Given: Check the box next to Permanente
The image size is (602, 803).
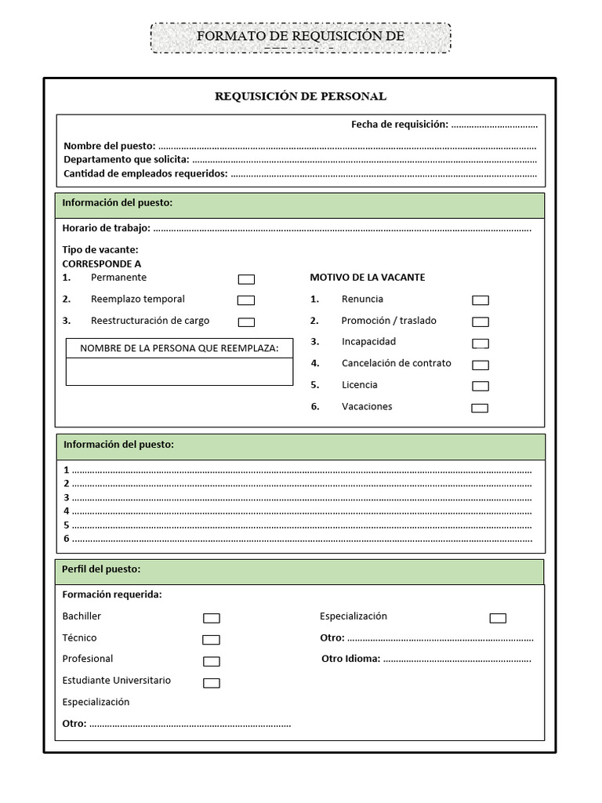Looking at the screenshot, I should coord(246,279).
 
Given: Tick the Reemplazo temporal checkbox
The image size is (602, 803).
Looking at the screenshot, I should coord(246,300).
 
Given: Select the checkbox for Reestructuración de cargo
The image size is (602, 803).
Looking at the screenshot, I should coord(246,322).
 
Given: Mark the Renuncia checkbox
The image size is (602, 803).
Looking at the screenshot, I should coord(481,300).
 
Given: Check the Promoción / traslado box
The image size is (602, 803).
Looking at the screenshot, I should coord(481,322).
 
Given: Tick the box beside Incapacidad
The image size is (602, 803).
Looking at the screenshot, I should coord(481,343).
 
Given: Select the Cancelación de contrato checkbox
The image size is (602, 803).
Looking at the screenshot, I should coord(481,365).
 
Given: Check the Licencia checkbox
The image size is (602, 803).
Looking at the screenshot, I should coord(481,386).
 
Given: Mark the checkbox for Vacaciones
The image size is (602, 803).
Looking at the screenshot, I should coord(480,408).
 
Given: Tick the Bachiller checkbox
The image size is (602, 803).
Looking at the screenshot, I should coord(212,618).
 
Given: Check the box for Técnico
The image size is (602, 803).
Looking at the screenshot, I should coord(211,639).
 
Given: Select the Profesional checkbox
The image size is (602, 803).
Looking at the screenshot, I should coord(212,661).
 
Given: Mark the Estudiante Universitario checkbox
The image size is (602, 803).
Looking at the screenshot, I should coord(212,683).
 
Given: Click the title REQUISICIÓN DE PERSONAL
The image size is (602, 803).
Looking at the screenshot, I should coord(300,96).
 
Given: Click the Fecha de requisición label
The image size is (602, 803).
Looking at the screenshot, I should coord(399,125).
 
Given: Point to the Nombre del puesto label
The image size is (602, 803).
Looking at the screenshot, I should coord(109,146).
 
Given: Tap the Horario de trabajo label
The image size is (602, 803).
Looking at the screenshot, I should coord(106,228).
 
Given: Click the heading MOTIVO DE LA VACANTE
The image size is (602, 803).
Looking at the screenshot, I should coord(368,278).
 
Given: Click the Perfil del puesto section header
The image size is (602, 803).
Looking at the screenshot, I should coord(101,569).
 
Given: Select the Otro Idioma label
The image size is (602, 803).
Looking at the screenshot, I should coord(350,659).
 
